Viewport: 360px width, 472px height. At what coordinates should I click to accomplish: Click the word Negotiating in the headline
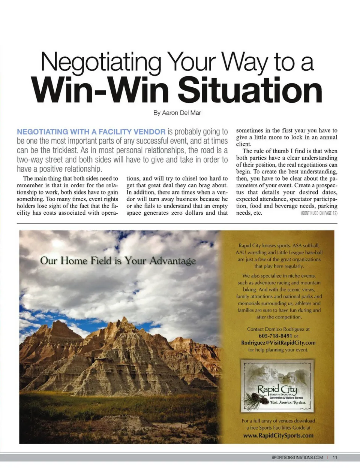[x=100, y=62]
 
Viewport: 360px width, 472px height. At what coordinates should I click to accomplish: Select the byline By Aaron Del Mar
[x=177, y=113]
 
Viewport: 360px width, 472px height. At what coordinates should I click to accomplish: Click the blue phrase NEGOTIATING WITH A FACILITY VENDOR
[x=91, y=132]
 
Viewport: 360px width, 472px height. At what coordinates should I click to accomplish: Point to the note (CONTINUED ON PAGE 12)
[x=319, y=213]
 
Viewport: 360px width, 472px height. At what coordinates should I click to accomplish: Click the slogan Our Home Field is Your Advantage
[x=118, y=261]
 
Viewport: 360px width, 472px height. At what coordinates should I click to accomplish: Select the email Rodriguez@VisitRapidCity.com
[x=278, y=343]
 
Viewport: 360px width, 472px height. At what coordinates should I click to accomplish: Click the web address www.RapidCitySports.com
[x=278, y=436]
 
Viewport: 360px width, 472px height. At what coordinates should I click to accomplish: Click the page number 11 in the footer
[x=335, y=457]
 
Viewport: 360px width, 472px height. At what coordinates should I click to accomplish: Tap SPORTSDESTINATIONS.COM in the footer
[x=297, y=457]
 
